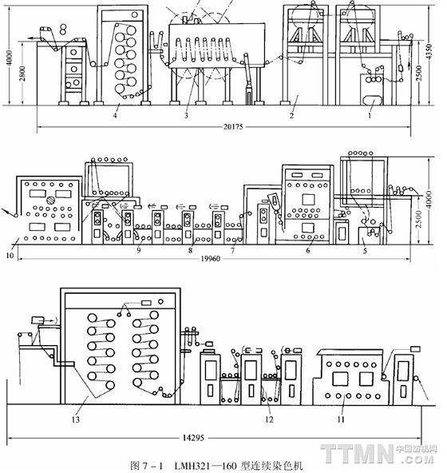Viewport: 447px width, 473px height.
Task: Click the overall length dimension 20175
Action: [x=233, y=127]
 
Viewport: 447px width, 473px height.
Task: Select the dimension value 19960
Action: [x=211, y=259]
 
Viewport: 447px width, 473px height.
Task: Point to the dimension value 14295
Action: [x=193, y=438]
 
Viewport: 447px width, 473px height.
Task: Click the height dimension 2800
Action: [x=22, y=74]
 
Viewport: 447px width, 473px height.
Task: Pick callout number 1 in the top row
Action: [x=370, y=115]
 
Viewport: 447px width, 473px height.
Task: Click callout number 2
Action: [x=291, y=115]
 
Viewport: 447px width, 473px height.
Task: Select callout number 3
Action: [x=186, y=115]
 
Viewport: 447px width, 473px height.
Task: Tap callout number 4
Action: [x=115, y=115]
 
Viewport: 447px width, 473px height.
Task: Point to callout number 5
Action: [x=365, y=251]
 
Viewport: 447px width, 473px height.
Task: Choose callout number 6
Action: [x=308, y=250]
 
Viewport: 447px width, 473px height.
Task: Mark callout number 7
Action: [x=232, y=250]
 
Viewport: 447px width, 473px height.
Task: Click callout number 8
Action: [x=190, y=250]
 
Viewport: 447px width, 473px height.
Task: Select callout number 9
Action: [x=138, y=250]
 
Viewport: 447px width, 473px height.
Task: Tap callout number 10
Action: [x=10, y=256]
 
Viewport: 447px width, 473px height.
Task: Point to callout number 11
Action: [x=341, y=419]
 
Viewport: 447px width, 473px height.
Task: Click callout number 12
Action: [x=269, y=419]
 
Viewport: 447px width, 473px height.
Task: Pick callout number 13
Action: [x=75, y=419]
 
